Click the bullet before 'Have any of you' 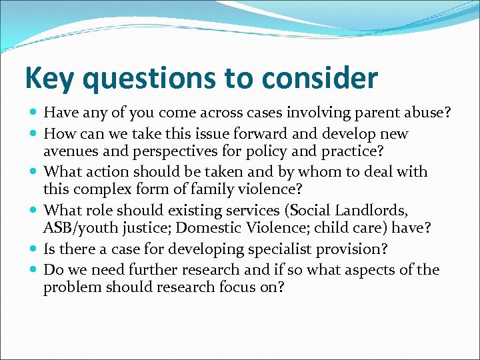[x=34, y=113]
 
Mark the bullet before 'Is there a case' [x=34, y=250]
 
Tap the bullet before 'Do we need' [x=34, y=270]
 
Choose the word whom [x=323, y=172]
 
